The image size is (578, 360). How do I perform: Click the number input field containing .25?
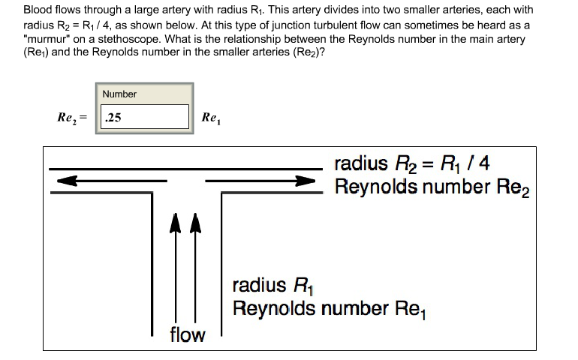click(x=144, y=117)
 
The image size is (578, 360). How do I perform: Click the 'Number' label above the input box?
click(x=119, y=94)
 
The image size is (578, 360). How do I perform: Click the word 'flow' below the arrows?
click(x=187, y=334)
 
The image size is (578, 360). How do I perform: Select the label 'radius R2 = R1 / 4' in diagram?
click(x=412, y=163)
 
